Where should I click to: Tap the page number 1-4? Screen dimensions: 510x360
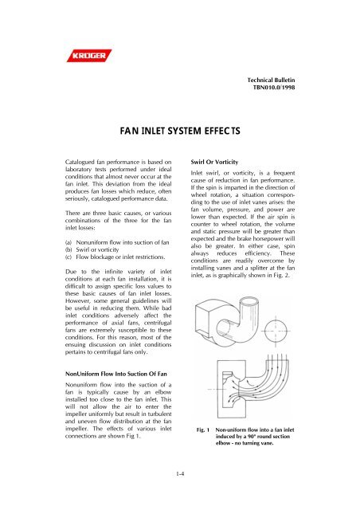point(179,476)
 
